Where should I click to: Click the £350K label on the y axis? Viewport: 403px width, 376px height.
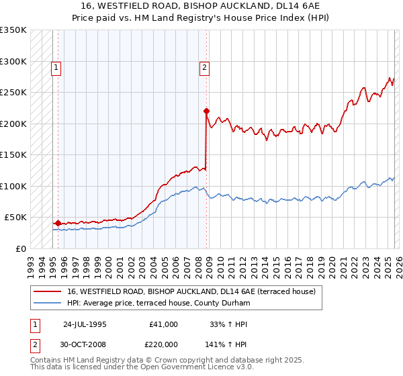click(x=13, y=30)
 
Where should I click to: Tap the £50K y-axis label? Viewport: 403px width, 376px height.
click(x=16, y=218)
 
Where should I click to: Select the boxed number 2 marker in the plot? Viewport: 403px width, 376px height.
click(x=204, y=67)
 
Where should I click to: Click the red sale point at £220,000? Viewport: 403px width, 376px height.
click(x=206, y=111)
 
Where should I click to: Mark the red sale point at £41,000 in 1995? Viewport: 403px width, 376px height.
click(x=58, y=223)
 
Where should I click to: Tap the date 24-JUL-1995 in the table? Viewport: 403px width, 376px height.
click(x=85, y=324)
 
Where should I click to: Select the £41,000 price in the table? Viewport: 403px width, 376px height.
click(x=163, y=324)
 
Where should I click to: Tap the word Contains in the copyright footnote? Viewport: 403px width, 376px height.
click(x=46, y=360)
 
